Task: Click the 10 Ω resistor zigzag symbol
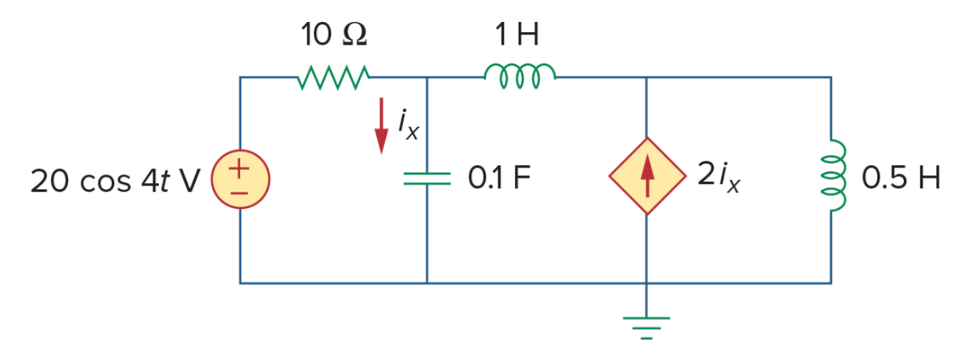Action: click(333, 77)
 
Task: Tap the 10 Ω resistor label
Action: click(333, 34)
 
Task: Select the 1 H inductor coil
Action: click(520, 76)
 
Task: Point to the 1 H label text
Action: click(516, 34)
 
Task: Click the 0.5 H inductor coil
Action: click(833, 175)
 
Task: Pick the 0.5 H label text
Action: click(901, 178)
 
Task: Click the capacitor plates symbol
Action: click(427, 178)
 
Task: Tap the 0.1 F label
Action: click(499, 178)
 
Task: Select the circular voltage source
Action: click(240, 179)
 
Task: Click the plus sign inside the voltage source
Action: click(239, 168)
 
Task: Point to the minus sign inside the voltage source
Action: click(239, 193)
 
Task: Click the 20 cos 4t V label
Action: click(115, 181)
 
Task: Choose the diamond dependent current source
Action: click(647, 176)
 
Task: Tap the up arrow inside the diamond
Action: click(647, 175)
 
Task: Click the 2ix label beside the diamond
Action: click(719, 175)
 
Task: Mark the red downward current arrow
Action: click(381, 126)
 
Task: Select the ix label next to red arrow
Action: click(408, 125)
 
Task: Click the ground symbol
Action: click(646, 328)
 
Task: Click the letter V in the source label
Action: click(189, 181)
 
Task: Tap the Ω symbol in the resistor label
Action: click(354, 34)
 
